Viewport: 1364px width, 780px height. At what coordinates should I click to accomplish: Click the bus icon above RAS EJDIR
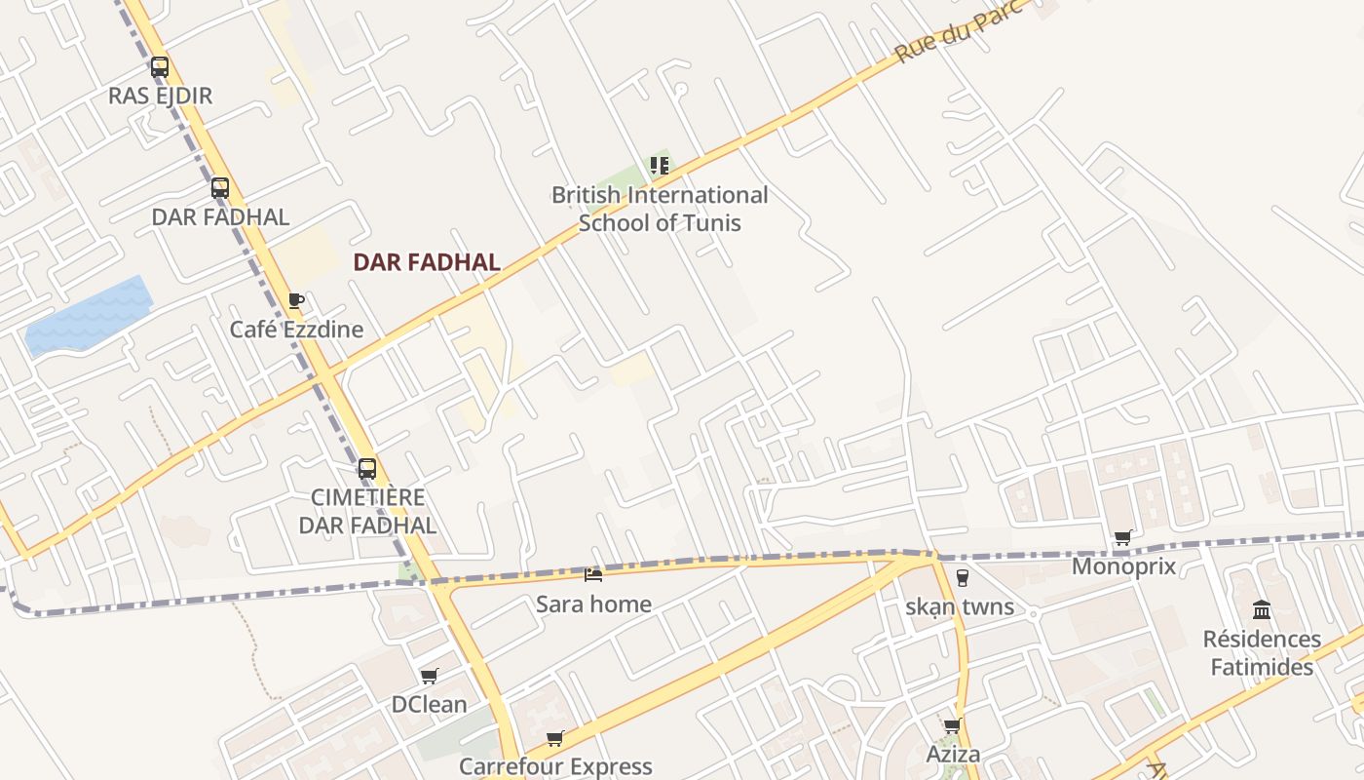[160, 67]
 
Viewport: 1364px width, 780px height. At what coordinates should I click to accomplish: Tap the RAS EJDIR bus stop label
[160, 96]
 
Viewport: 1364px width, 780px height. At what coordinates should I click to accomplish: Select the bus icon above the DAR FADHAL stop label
[220, 187]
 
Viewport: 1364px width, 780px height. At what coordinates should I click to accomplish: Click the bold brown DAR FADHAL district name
[427, 262]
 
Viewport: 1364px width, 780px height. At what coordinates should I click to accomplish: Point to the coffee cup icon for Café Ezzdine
[296, 300]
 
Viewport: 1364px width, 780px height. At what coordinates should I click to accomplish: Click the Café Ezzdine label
[296, 330]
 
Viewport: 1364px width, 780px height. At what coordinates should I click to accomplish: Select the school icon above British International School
[660, 166]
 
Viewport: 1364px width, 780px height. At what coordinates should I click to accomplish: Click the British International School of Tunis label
[660, 209]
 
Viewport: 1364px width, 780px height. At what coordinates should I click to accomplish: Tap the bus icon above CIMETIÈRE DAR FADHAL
[367, 468]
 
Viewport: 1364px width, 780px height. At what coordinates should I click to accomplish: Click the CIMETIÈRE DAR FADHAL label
[367, 511]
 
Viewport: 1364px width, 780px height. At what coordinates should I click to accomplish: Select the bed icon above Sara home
[592, 575]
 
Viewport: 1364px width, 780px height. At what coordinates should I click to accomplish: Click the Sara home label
[593, 604]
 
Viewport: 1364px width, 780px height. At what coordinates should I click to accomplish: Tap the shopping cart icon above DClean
[429, 676]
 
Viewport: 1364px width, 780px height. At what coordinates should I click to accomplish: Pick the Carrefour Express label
[555, 766]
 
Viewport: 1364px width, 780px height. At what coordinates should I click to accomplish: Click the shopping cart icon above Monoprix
[1123, 537]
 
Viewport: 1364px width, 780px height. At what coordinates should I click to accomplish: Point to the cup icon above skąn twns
[963, 578]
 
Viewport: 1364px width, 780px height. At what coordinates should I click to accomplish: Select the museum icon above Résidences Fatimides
[1262, 610]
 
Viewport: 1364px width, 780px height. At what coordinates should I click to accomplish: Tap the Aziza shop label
[953, 755]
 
